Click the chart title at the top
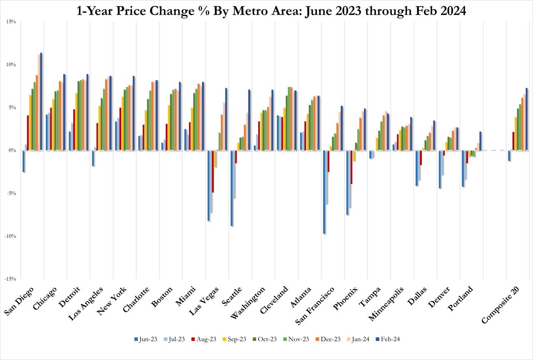point(266,10)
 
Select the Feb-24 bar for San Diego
point(41,102)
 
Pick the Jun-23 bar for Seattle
point(231,188)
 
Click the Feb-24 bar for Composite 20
point(526,119)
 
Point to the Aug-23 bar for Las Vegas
point(213,171)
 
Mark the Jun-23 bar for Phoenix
point(347,182)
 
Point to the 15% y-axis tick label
point(10,22)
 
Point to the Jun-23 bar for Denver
point(439,170)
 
